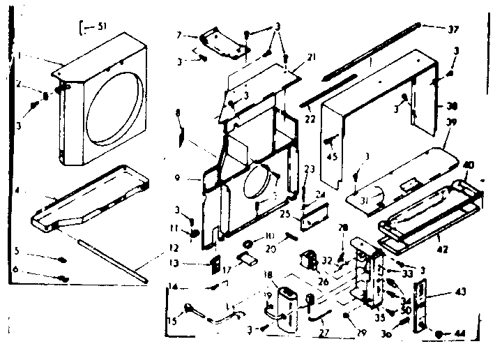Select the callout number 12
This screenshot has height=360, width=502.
154,248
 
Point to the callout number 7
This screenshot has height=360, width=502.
178,35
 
